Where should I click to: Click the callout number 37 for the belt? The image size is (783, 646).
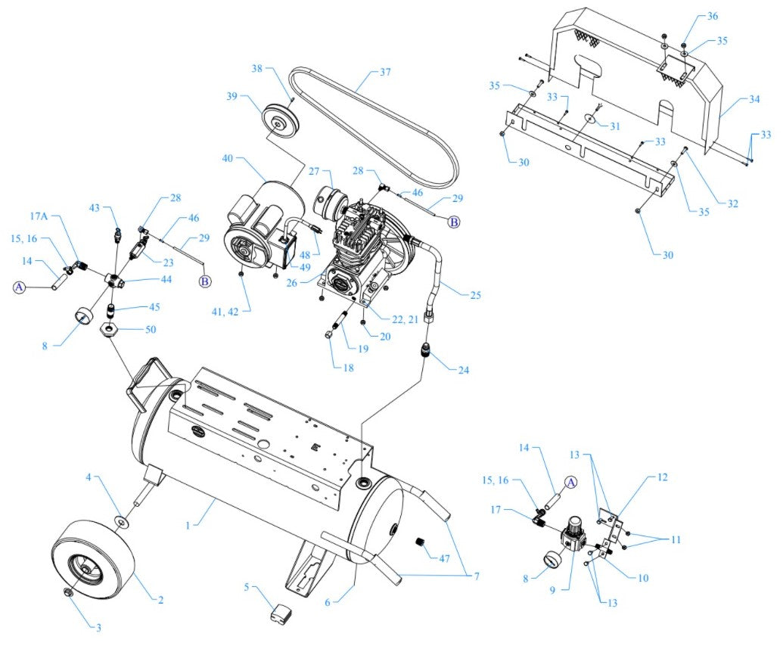(385, 73)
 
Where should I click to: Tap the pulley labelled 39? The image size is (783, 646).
(281, 120)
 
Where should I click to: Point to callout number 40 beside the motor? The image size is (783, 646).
(228, 159)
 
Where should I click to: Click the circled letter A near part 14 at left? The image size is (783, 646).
(20, 287)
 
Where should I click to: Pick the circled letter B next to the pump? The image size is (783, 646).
(454, 222)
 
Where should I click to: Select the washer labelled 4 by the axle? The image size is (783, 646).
(120, 521)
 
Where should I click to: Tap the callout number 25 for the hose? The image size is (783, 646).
(474, 293)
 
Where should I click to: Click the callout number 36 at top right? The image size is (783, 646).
(712, 16)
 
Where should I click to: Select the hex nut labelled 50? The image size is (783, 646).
(109, 330)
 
